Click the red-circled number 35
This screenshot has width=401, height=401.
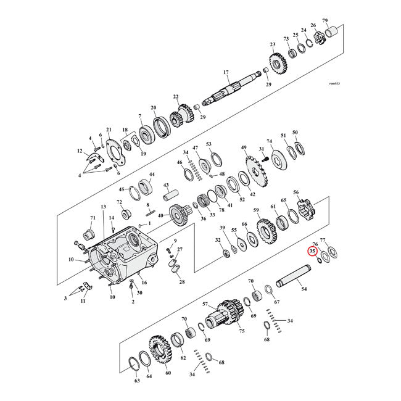point(313,252)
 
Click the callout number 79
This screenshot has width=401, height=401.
point(342,20)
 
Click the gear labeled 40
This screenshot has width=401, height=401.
point(180,217)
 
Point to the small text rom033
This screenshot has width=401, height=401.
point(336,83)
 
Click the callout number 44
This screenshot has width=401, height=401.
point(152,175)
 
